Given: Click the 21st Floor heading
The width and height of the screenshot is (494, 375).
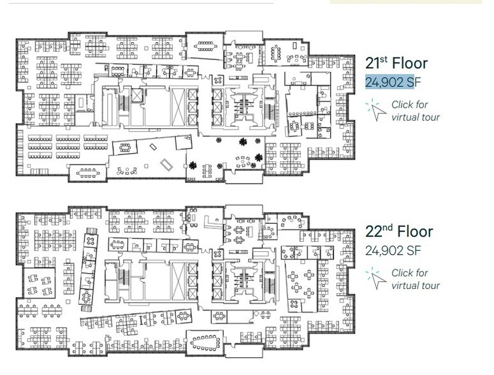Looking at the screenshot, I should point(396,63).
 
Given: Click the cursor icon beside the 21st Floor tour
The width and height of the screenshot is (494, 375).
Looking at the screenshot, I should point(375,110).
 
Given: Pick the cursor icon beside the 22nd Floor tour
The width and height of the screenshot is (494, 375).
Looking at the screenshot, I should point(375,278).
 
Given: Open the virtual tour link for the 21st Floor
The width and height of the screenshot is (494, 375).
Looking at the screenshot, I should point(415,110).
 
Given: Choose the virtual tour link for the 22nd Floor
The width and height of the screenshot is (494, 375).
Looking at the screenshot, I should point(415,279).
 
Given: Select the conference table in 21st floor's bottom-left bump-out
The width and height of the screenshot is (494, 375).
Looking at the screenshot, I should point(89,171).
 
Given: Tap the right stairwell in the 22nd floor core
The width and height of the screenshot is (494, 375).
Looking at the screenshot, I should point(268,281).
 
